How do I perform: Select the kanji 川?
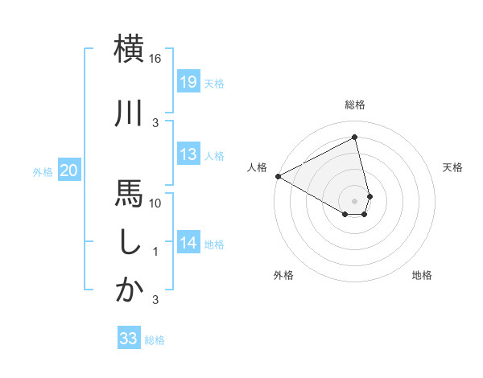129,113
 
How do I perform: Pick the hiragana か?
129,290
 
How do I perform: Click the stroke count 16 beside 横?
156,59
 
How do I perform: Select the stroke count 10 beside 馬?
156,203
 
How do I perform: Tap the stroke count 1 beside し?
156,252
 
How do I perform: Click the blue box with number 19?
188,82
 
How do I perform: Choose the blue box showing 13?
188,154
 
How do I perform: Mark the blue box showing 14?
188,243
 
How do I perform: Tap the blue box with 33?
129,339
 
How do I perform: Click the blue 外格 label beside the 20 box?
42,171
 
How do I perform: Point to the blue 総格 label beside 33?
155,340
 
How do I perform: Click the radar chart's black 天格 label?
453,167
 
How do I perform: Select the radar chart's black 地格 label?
422,275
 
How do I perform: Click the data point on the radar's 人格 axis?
278,176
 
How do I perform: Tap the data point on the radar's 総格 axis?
354,138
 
